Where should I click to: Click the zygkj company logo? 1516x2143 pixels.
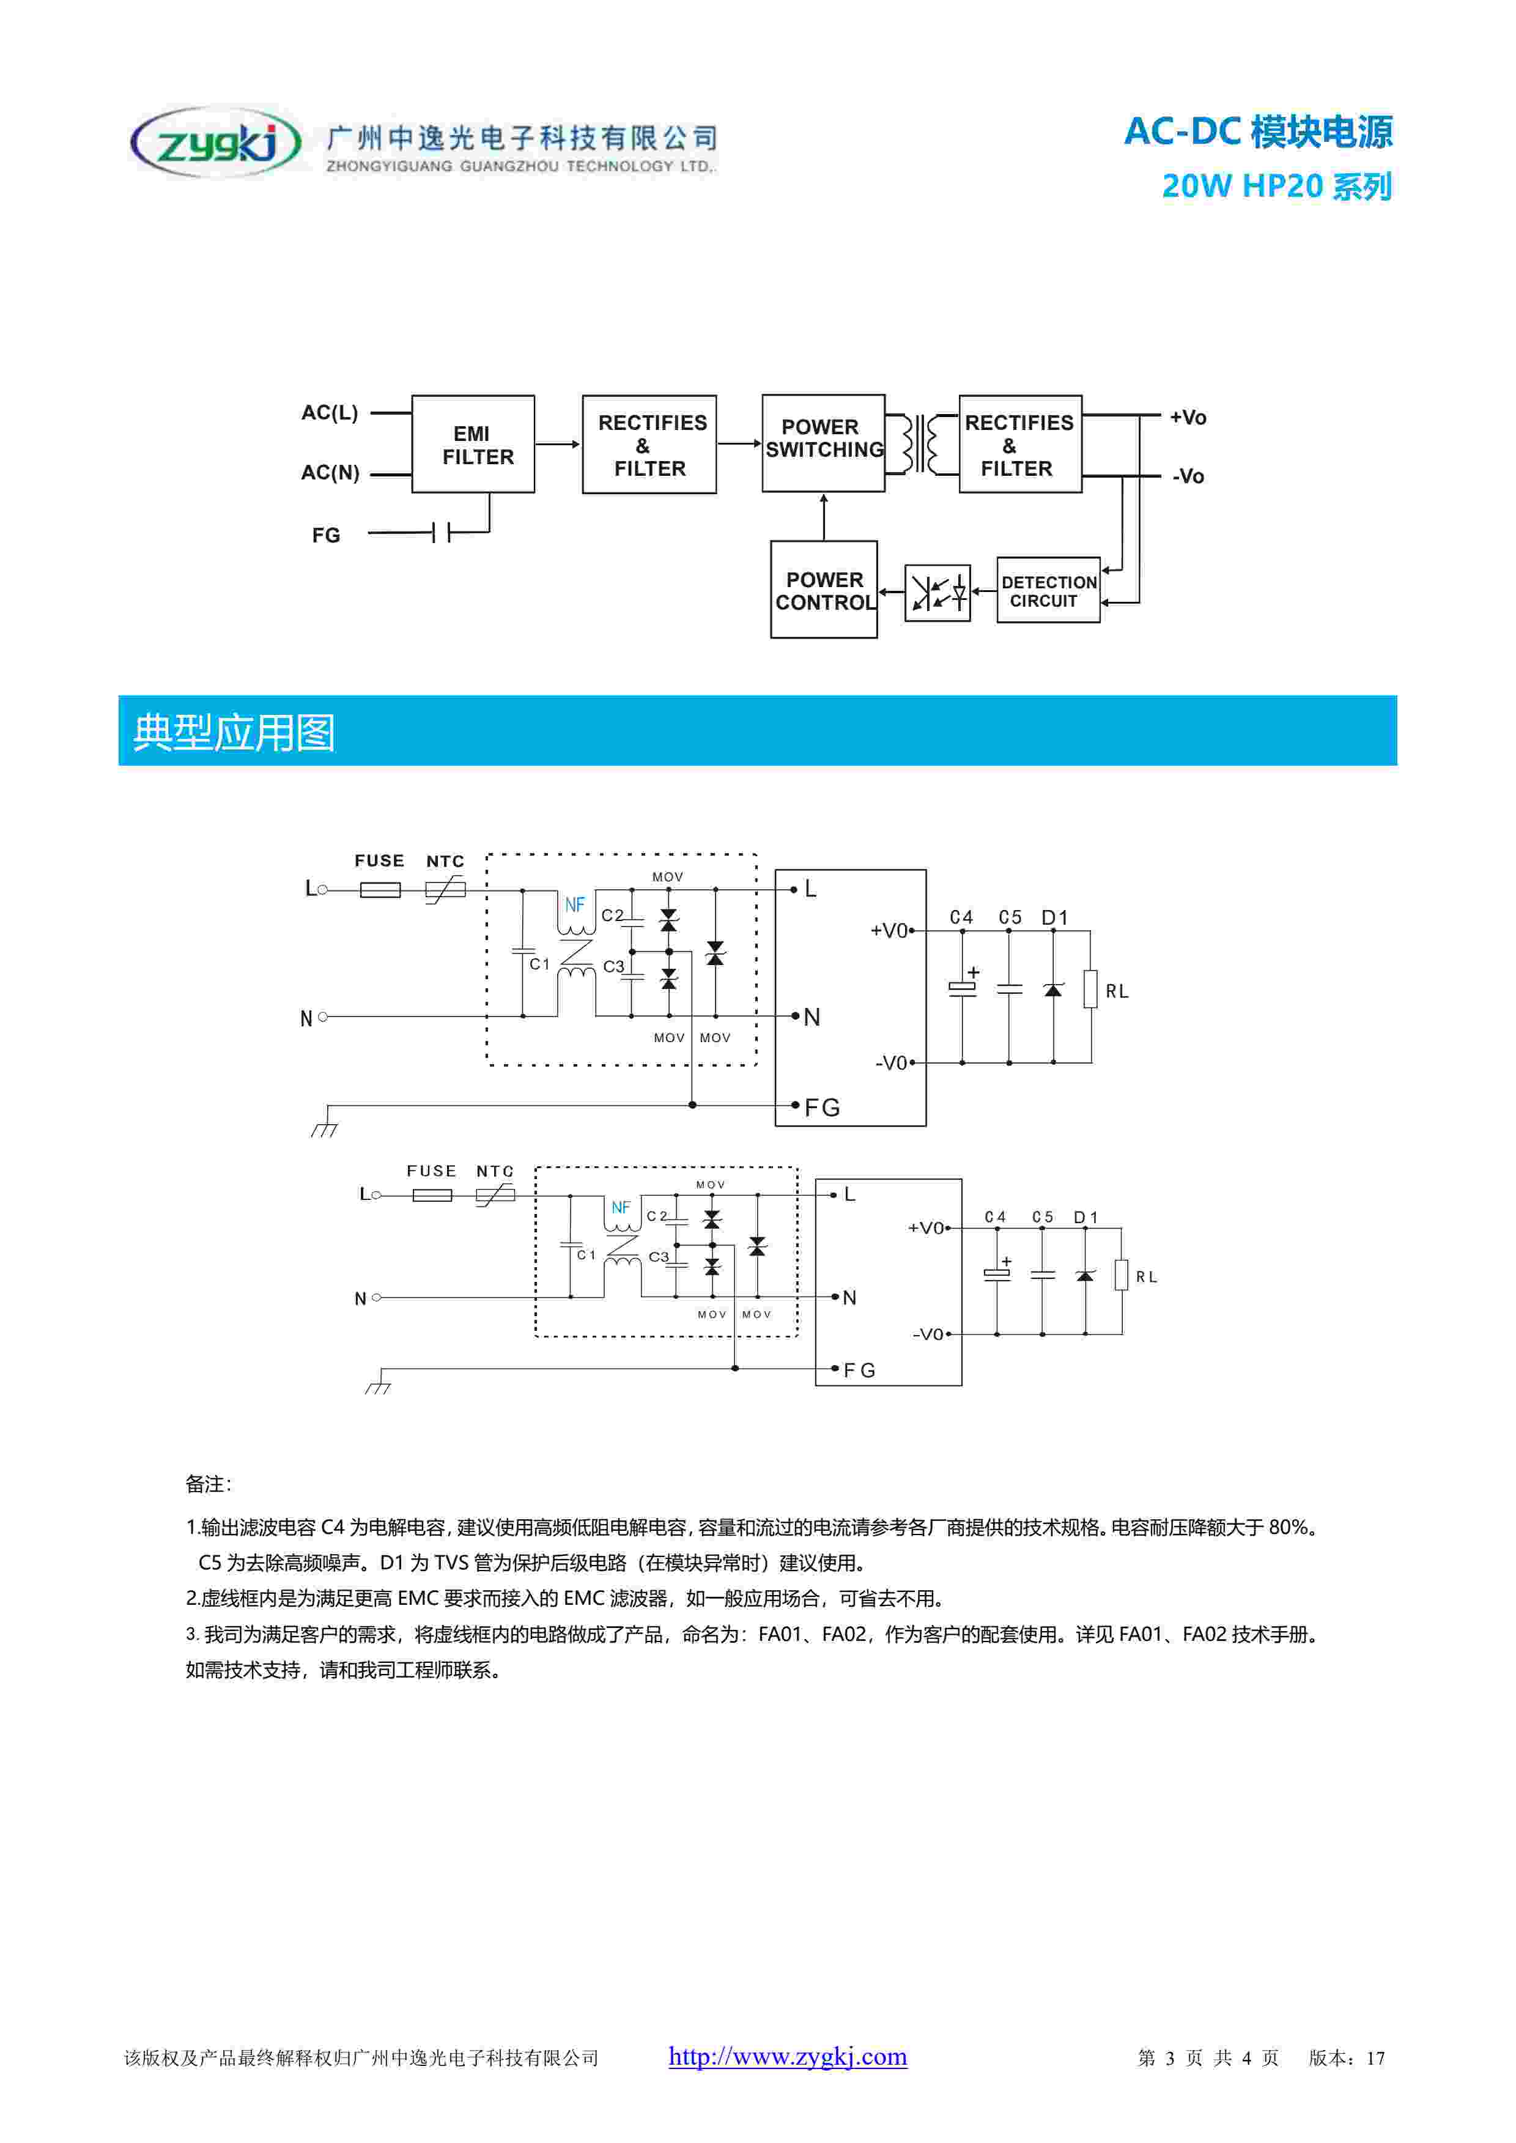[216, 142]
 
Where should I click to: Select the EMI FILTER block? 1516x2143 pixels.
[473, 444]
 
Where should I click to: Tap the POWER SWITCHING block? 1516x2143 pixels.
[823, 442]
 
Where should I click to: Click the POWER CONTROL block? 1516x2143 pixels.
[823, 590]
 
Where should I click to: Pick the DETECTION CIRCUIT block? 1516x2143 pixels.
[1048, 590]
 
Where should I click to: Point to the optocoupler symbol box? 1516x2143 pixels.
[937, 592]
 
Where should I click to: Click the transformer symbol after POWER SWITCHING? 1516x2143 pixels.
[922, 444]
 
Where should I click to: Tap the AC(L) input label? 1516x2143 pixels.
[330, 413]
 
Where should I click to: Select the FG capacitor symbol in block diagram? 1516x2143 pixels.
[440, 533]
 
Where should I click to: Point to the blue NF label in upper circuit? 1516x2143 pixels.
[574, 905]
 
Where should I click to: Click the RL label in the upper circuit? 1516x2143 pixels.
[1117, 991]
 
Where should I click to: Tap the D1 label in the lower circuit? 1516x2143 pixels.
[1085, 1217]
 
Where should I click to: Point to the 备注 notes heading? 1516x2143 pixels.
[207, 1484]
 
